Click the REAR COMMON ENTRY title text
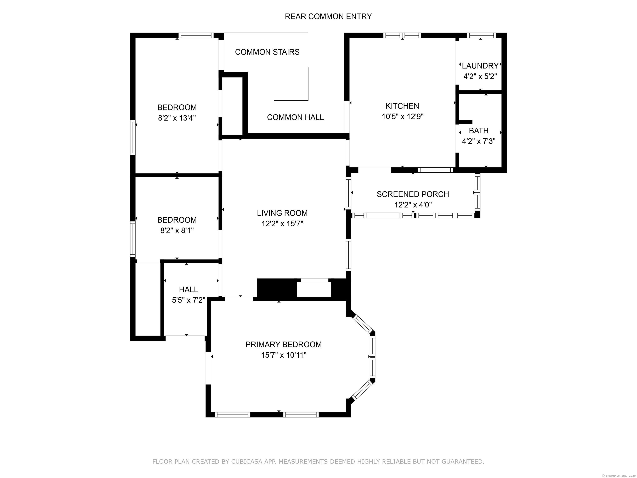(328, 16)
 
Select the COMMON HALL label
(295, 117)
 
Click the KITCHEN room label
(402, 106)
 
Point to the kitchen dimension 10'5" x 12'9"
(402, 117)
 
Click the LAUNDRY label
(480, 66)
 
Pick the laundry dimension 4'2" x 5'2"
(480, 76)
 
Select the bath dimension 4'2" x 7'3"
(478, 141)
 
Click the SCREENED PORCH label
(413, 194)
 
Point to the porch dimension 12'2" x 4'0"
(413, 205)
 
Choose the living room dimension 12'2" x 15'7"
(282, 224)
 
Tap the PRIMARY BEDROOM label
(283, 344)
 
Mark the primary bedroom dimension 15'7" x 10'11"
(283, 355)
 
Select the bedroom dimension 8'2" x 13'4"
(177, 118)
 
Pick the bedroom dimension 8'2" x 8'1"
(177, 230)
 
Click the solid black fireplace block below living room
(276, 288)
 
